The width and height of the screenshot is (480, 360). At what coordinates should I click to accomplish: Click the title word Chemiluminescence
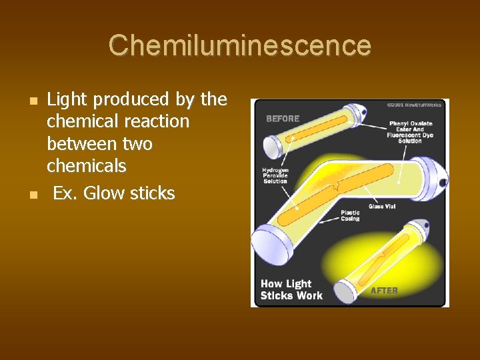click(x=240, y=45)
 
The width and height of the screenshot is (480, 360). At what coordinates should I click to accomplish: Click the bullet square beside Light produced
click(x=33, y=101)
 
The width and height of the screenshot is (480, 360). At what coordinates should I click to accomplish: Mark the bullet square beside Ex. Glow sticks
click(x=33, y=195)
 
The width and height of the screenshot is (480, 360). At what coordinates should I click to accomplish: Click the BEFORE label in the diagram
click(x=283, y=119)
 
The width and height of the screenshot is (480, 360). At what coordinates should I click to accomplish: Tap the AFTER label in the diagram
click(x=384, y=291)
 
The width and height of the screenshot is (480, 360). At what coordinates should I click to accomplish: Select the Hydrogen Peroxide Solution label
click(x=275, y=175)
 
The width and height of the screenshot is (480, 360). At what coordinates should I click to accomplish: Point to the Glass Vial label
click(x=382, y=207)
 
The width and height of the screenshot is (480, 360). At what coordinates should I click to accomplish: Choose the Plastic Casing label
click(x=351, y=215)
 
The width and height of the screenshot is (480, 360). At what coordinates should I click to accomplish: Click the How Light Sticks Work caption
click(x=291, y=290)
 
